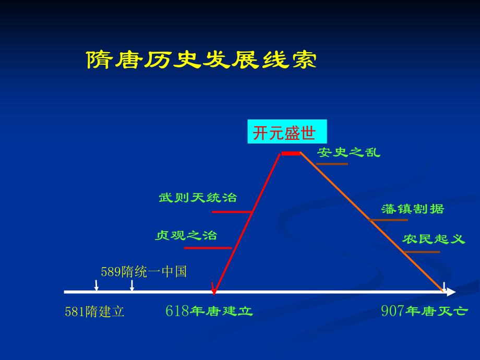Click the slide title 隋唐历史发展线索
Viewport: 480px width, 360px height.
click(x=201, y=60)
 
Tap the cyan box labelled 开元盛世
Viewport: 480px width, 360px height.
click(x=286, y=132)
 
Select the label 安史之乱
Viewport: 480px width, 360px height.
click(x=349, y=152)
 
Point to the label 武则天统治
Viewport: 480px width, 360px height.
click(x=198, y=198)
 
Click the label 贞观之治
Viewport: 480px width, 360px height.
click(x=186, y=235)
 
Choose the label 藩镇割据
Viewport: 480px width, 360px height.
click(x=412, y=209)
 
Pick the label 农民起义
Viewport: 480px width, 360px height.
click(x=433, y=239)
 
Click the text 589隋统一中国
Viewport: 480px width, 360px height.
click(x=143, y=271)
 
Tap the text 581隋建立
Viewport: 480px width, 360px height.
click(x=94, y=311)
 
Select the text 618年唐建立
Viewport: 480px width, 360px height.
click(x=209, y=311)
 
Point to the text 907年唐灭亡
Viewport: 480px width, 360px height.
click(x=424, y=311)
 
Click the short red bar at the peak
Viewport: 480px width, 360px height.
click(x=291, y=153)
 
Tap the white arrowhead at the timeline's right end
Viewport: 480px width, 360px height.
click(x=451, y=292)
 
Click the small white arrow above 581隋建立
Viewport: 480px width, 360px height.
click(x=97, y=285)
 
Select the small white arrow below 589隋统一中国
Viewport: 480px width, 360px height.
click(x=132, y=285)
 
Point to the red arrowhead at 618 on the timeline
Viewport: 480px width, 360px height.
click(x=213, y=288)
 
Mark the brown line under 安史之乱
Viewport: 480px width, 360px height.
click(x=332, y=164)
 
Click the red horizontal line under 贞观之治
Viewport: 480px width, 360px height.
click(x=208, y=248)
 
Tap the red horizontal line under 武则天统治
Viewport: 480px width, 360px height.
click(x=232, y=212)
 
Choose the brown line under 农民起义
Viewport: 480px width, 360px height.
click(x=422, y=252)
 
